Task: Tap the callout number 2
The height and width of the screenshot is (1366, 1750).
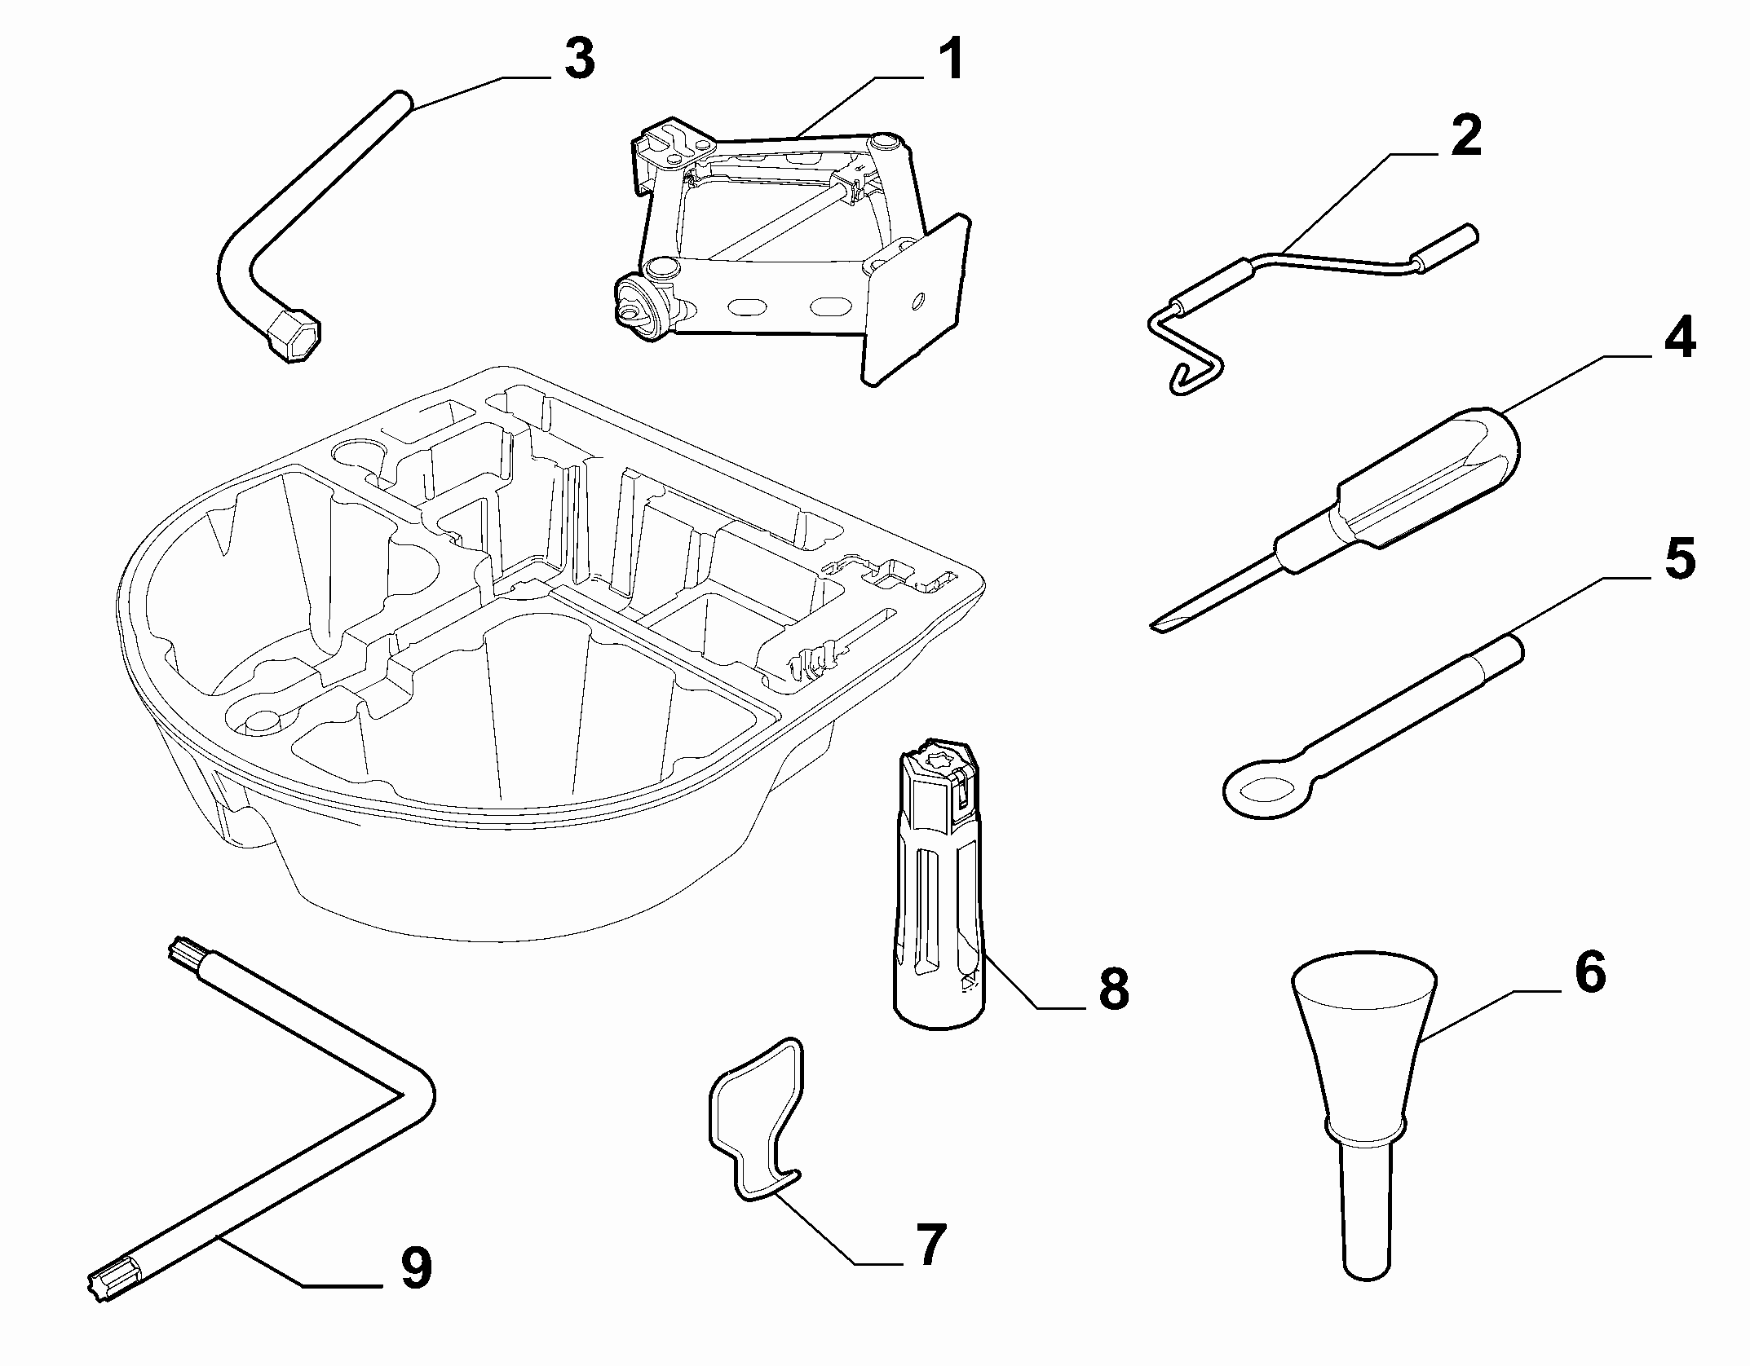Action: [x=1465, y=135]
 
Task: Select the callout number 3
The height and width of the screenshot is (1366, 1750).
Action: [x=580, y=59]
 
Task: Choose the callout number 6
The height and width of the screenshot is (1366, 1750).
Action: [x=1589, y=972]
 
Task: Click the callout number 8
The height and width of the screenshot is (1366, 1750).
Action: [x=1112, y=989]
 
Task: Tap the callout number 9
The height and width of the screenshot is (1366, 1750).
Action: [x=414, y=1267]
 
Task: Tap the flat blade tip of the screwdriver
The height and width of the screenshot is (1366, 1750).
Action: [x=1160, y=624]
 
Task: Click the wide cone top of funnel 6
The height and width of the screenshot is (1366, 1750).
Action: [x=1363, y=998]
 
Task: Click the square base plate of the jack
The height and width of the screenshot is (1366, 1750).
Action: [x=917, y=302]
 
